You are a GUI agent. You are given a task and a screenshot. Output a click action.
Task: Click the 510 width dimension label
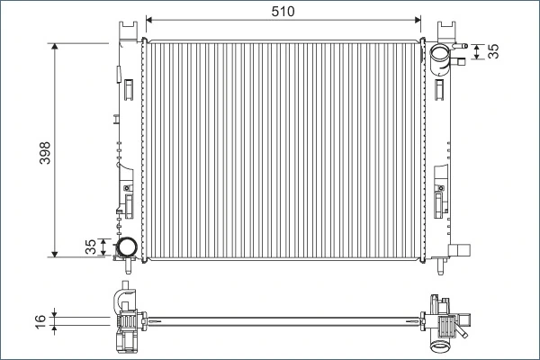point(283,10)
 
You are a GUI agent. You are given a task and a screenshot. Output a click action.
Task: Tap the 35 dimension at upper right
point(492,51)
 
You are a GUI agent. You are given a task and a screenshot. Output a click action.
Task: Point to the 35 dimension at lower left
point(89,247)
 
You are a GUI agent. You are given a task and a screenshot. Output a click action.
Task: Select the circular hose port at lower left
point(126,246)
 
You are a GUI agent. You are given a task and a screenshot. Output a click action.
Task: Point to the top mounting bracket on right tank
point(444,31)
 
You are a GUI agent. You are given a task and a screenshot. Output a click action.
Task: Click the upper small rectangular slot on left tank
point(129,88)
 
